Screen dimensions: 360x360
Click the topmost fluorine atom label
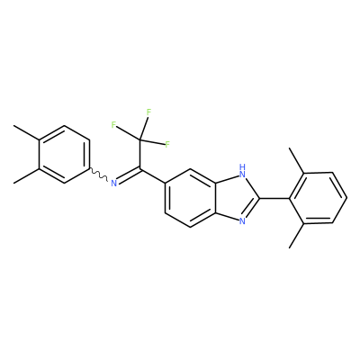148,112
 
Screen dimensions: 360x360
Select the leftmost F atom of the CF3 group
113,125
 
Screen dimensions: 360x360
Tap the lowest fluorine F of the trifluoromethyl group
167,145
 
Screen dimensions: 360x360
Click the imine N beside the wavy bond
113,183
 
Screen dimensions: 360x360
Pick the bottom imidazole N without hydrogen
242,221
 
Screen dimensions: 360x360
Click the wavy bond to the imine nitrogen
99,175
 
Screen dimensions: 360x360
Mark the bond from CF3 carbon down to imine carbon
139,154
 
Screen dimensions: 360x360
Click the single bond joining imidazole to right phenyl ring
274,198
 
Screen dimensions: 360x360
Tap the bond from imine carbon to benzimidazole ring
152,175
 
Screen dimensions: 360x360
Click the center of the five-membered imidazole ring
238,198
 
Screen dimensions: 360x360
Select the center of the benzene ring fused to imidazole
190,198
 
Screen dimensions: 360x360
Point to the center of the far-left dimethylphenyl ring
64,154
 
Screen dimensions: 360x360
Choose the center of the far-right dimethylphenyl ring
319,198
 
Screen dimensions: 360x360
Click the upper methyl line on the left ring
26,132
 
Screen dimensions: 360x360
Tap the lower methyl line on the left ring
26,176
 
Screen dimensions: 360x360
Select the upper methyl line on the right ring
297,160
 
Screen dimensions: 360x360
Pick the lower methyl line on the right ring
297,236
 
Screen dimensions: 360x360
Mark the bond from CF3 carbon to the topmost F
143,129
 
